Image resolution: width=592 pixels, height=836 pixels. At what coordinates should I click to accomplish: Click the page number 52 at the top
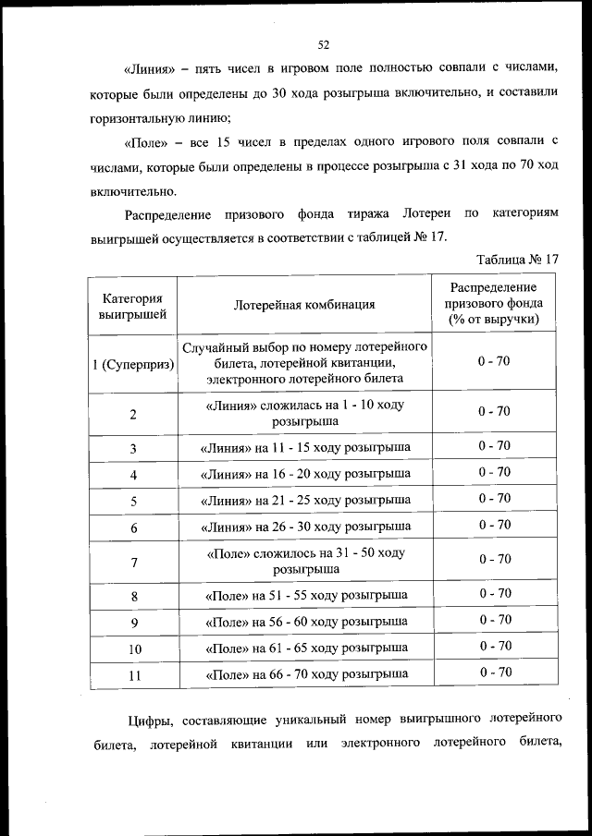324,44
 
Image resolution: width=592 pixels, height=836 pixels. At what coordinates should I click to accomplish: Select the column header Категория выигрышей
133,306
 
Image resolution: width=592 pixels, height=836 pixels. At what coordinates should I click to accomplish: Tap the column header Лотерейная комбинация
304,305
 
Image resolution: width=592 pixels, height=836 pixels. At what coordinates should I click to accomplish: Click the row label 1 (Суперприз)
134,362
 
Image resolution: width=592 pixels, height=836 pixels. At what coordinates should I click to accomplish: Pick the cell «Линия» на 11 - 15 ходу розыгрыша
304,448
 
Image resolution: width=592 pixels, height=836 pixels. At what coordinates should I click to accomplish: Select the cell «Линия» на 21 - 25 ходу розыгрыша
304,501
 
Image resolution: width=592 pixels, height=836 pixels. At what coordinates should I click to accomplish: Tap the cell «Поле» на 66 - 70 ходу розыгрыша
304,674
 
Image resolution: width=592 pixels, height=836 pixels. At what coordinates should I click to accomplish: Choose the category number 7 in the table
134,561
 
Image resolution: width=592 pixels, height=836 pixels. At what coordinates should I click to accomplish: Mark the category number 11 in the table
134,675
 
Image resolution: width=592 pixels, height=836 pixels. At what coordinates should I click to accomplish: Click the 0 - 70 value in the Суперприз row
494,360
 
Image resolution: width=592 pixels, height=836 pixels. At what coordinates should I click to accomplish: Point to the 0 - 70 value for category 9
494,620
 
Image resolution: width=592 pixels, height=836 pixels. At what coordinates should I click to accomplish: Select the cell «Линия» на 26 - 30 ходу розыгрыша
304,527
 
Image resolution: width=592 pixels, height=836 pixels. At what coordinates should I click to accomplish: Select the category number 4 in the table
134,475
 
